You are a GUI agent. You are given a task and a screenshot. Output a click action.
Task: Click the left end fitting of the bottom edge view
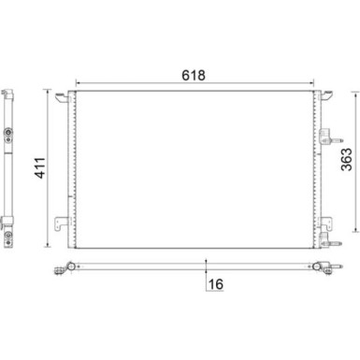click(x=65, y=271)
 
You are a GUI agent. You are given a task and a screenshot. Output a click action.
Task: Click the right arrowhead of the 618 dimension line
click(x=311, y=81)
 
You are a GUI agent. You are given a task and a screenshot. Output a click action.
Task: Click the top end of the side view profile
click(x=10, y=91)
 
